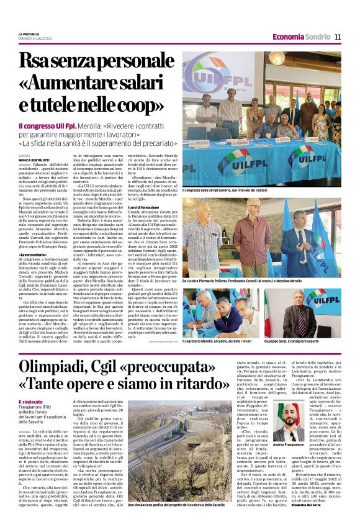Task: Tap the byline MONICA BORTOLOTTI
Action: (35, 160)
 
